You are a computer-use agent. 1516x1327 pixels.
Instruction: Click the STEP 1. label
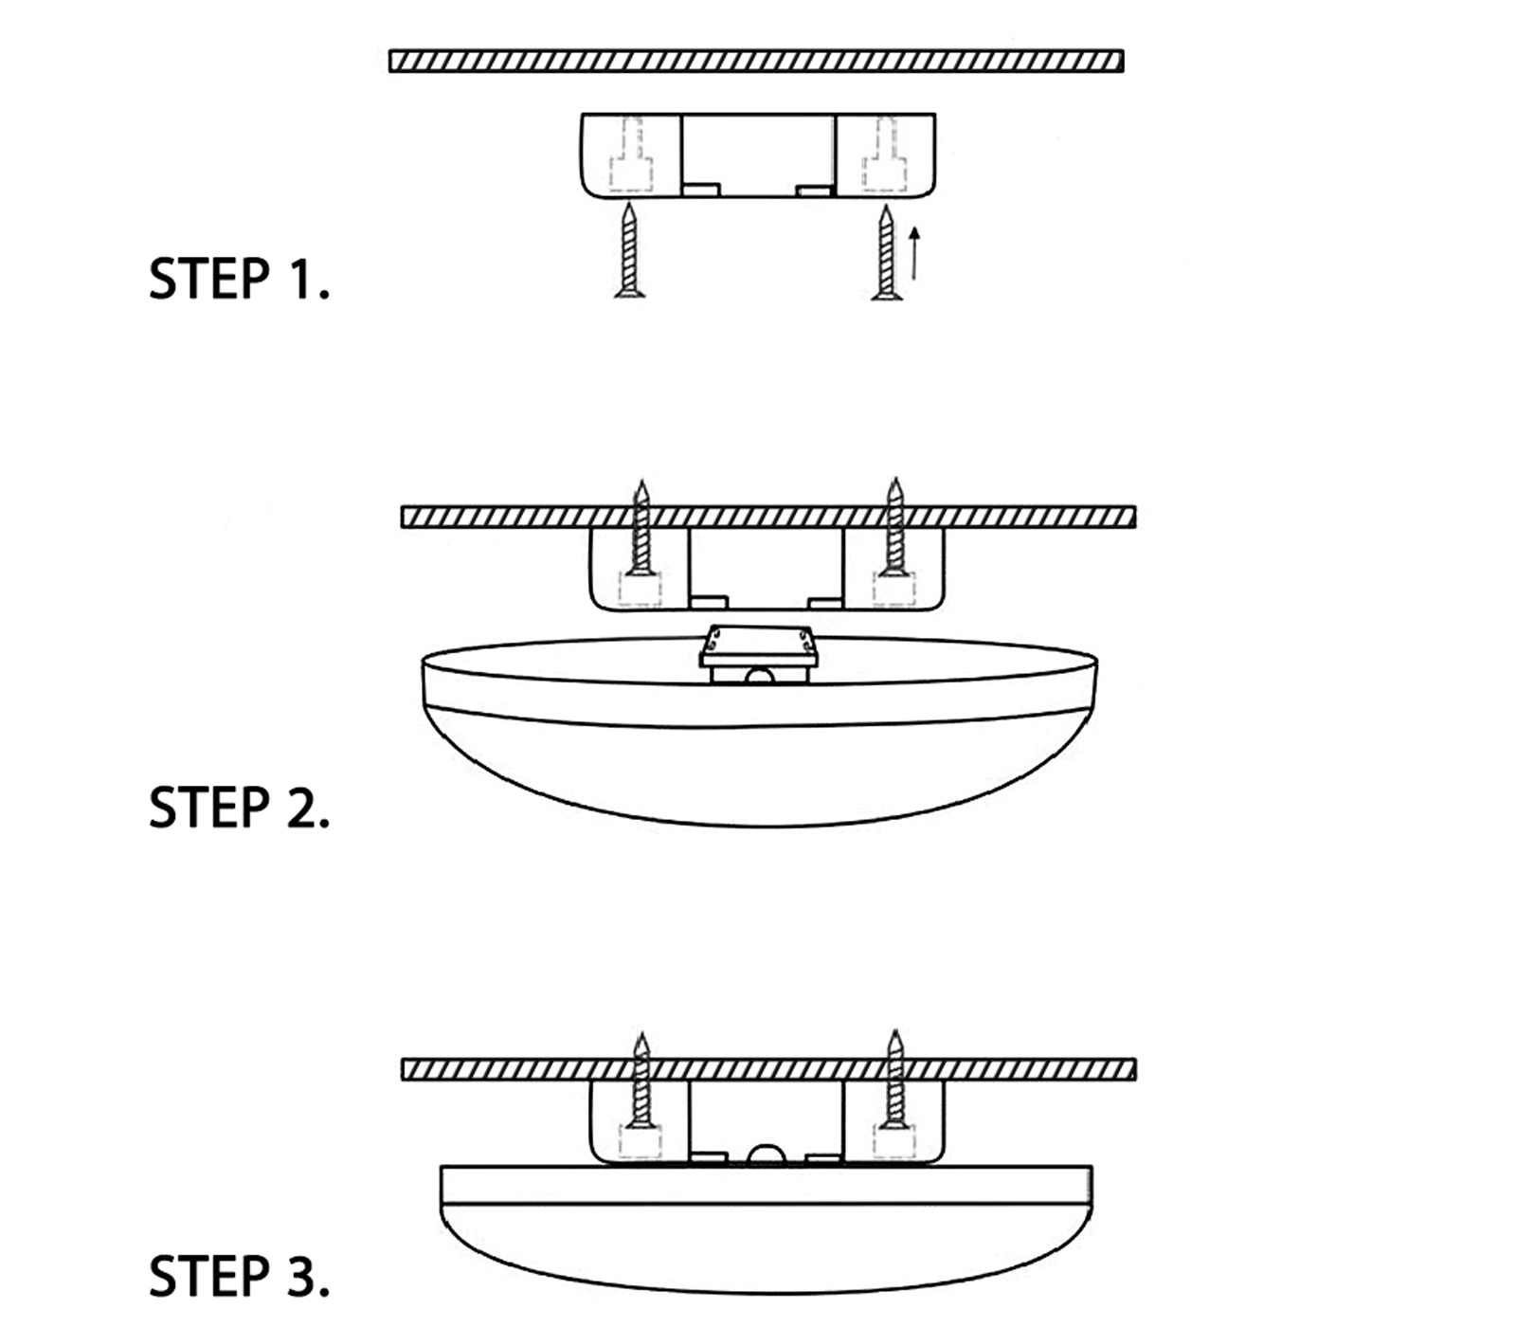(x=239, y=279)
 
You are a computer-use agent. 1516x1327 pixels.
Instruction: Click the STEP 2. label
(x=239, y=808)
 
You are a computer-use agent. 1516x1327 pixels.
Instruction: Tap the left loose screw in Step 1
(x=629, y=252)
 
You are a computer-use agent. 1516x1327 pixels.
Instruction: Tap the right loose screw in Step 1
(x=886, y=252)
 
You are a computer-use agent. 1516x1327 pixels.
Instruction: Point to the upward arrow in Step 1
(x=914, y=253)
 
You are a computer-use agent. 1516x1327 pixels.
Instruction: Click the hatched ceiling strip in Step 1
(x=756, y=62)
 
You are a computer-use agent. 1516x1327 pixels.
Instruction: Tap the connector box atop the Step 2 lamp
(x=758, y=654)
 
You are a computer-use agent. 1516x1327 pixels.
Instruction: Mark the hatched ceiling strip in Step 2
(x=767, y=518)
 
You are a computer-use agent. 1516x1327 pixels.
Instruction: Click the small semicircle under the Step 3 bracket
(x=767, y=1154)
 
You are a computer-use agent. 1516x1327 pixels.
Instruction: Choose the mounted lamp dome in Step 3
(x=766, y=1232)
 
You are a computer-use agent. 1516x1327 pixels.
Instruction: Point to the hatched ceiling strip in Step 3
(x=767, y=1070)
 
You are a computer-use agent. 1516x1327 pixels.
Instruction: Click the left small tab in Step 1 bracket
(x=702, y=191)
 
